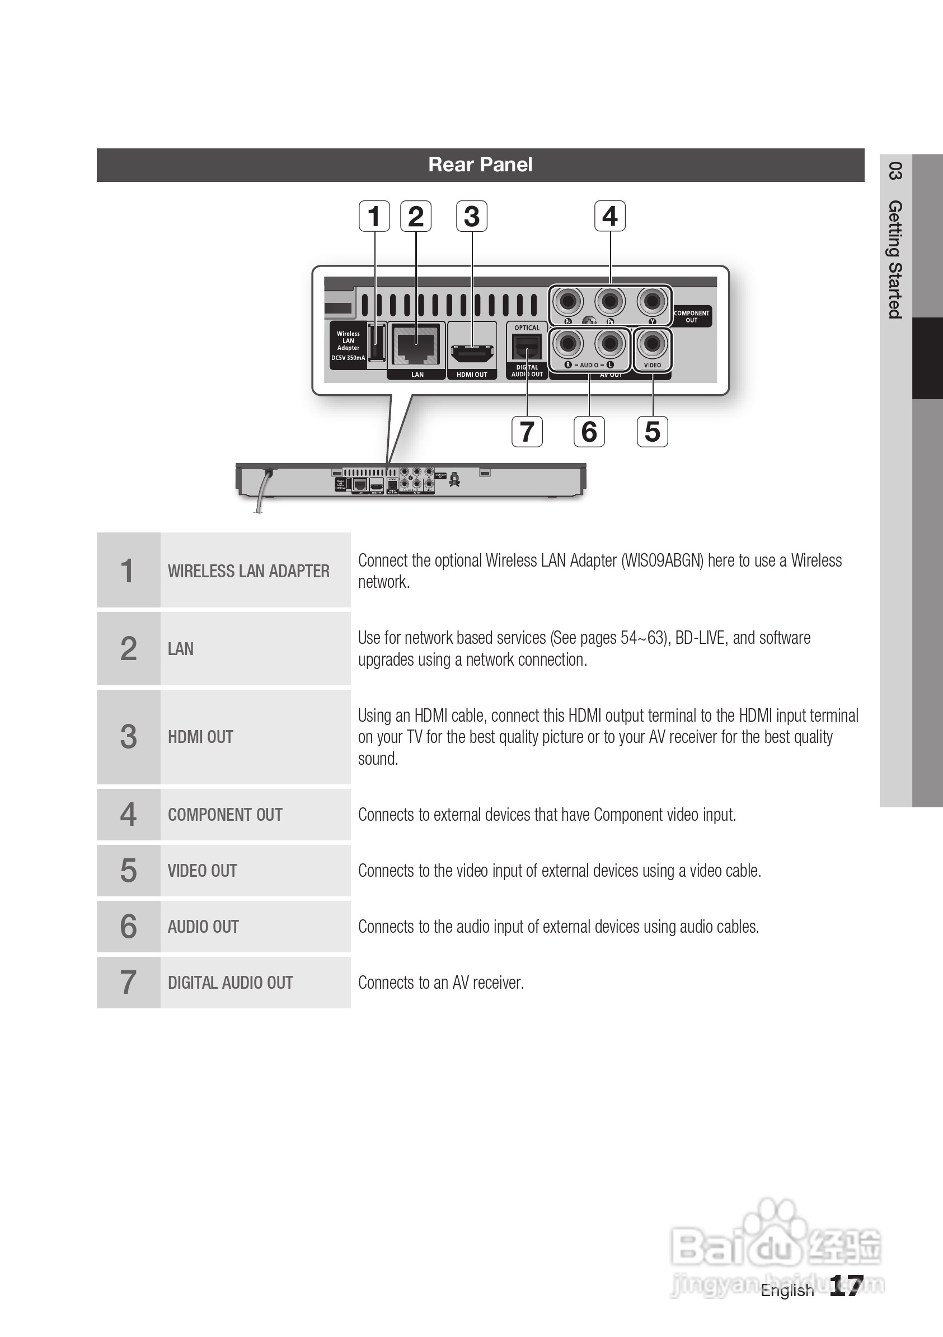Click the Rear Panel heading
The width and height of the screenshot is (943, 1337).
tap(480, 165)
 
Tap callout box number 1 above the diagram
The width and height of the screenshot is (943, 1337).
tap(374, 216)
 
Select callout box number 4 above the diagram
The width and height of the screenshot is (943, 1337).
tap(609, 216)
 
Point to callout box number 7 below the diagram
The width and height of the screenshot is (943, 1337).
tap(527, 432)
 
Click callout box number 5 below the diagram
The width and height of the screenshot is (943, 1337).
tap(652, 432)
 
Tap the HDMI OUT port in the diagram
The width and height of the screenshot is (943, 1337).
tap(471, 352)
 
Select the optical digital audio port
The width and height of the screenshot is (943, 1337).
tap(527, 349)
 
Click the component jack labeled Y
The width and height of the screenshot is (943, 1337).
tap(652, 301)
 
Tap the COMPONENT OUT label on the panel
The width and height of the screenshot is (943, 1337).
tap(692, 316)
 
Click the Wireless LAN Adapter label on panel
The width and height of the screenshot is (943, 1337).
tap(348, 341)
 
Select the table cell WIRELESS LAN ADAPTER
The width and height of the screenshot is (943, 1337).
tap(248, 571)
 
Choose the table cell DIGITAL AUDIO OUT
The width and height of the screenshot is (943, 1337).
tap(231, 983)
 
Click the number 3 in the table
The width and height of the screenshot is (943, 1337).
tap(128, 737)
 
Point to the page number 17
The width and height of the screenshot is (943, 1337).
tap(845, 1285)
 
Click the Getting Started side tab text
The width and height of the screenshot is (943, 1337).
tap(895, 259)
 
